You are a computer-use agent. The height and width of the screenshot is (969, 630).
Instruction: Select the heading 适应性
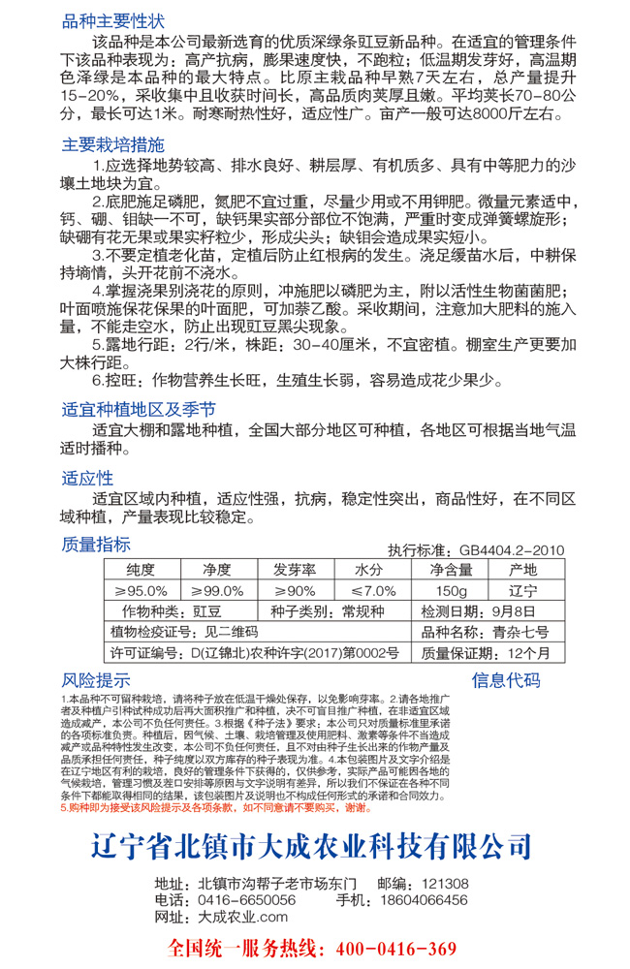[88, 478]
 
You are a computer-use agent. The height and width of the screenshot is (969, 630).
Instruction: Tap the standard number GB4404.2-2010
[505, 549]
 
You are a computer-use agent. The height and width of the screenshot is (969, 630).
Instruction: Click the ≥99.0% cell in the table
[217, 590]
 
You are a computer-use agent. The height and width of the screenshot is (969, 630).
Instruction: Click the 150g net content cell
[452, 590]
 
